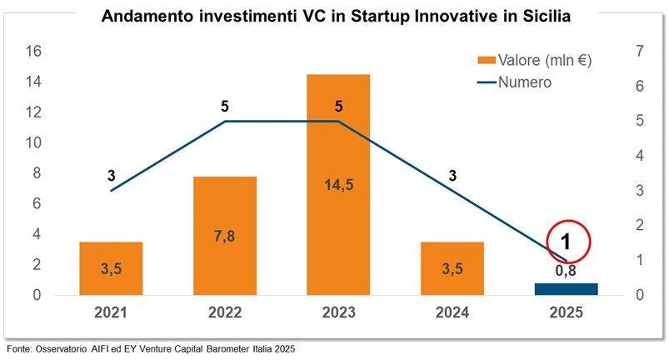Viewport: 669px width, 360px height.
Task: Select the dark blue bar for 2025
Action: (x=567, y=289)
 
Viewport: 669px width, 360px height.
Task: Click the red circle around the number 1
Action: (x=567, y=242)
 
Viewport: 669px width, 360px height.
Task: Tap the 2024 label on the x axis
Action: (x=452, y=313)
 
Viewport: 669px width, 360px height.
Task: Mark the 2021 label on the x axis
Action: (x=111, y=313)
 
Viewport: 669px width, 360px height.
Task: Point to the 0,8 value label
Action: (x=567, y=269)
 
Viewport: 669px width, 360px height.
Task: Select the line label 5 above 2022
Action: (x=225, y=106)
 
